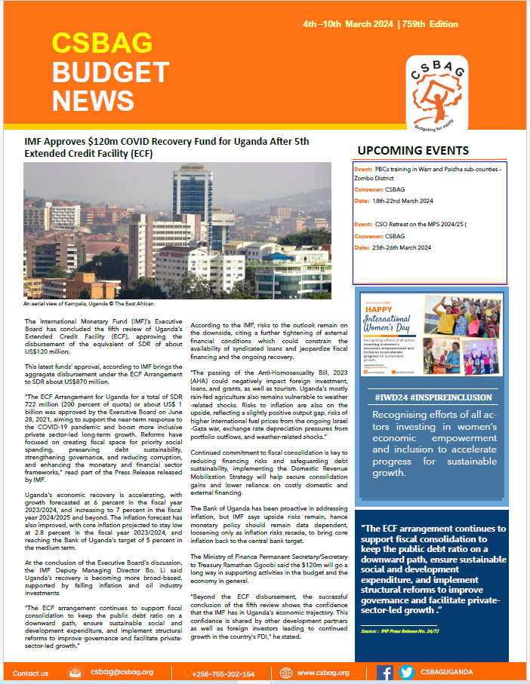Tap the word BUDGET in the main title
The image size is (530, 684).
(x=110, y=72)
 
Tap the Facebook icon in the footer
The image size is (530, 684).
(x=384, y=673)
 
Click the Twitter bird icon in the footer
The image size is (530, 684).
(x=406, y=673)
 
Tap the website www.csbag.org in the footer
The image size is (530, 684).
(x=322, y=673)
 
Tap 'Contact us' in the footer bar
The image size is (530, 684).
(x=31, y=673)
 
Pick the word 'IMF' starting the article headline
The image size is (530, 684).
(x=35, y=141)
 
